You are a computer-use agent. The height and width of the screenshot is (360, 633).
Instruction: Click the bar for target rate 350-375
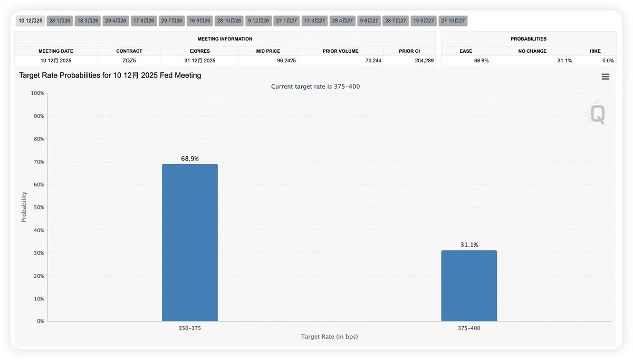click(189, 242)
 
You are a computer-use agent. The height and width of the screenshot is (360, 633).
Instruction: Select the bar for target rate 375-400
click(469, 286)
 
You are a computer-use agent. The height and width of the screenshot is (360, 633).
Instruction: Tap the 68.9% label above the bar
click(189, 158)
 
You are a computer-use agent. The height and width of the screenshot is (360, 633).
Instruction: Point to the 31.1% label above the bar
click(469, 245)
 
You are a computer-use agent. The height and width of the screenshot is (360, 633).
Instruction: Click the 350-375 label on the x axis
click(189, 328)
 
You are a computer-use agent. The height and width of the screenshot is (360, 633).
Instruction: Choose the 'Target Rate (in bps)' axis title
click(329, 337)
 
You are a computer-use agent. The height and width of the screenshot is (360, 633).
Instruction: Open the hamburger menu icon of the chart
click(605, 77)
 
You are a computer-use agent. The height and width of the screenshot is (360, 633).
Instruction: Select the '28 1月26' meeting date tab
click(60, 21)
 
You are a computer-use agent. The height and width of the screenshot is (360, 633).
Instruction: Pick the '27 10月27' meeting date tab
click(453, 21)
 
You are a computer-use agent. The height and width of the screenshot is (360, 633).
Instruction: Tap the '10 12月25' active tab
click(30, 21)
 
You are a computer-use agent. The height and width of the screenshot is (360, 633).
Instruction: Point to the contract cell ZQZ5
click(129, 61)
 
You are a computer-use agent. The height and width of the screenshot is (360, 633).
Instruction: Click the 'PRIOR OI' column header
click(409, 51)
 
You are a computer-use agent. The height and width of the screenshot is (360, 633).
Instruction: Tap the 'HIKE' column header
click(595, 51)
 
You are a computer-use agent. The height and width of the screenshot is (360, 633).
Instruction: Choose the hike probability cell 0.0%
click(608, 61)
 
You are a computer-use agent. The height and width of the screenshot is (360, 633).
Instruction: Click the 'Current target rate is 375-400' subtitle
click(315, 86)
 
